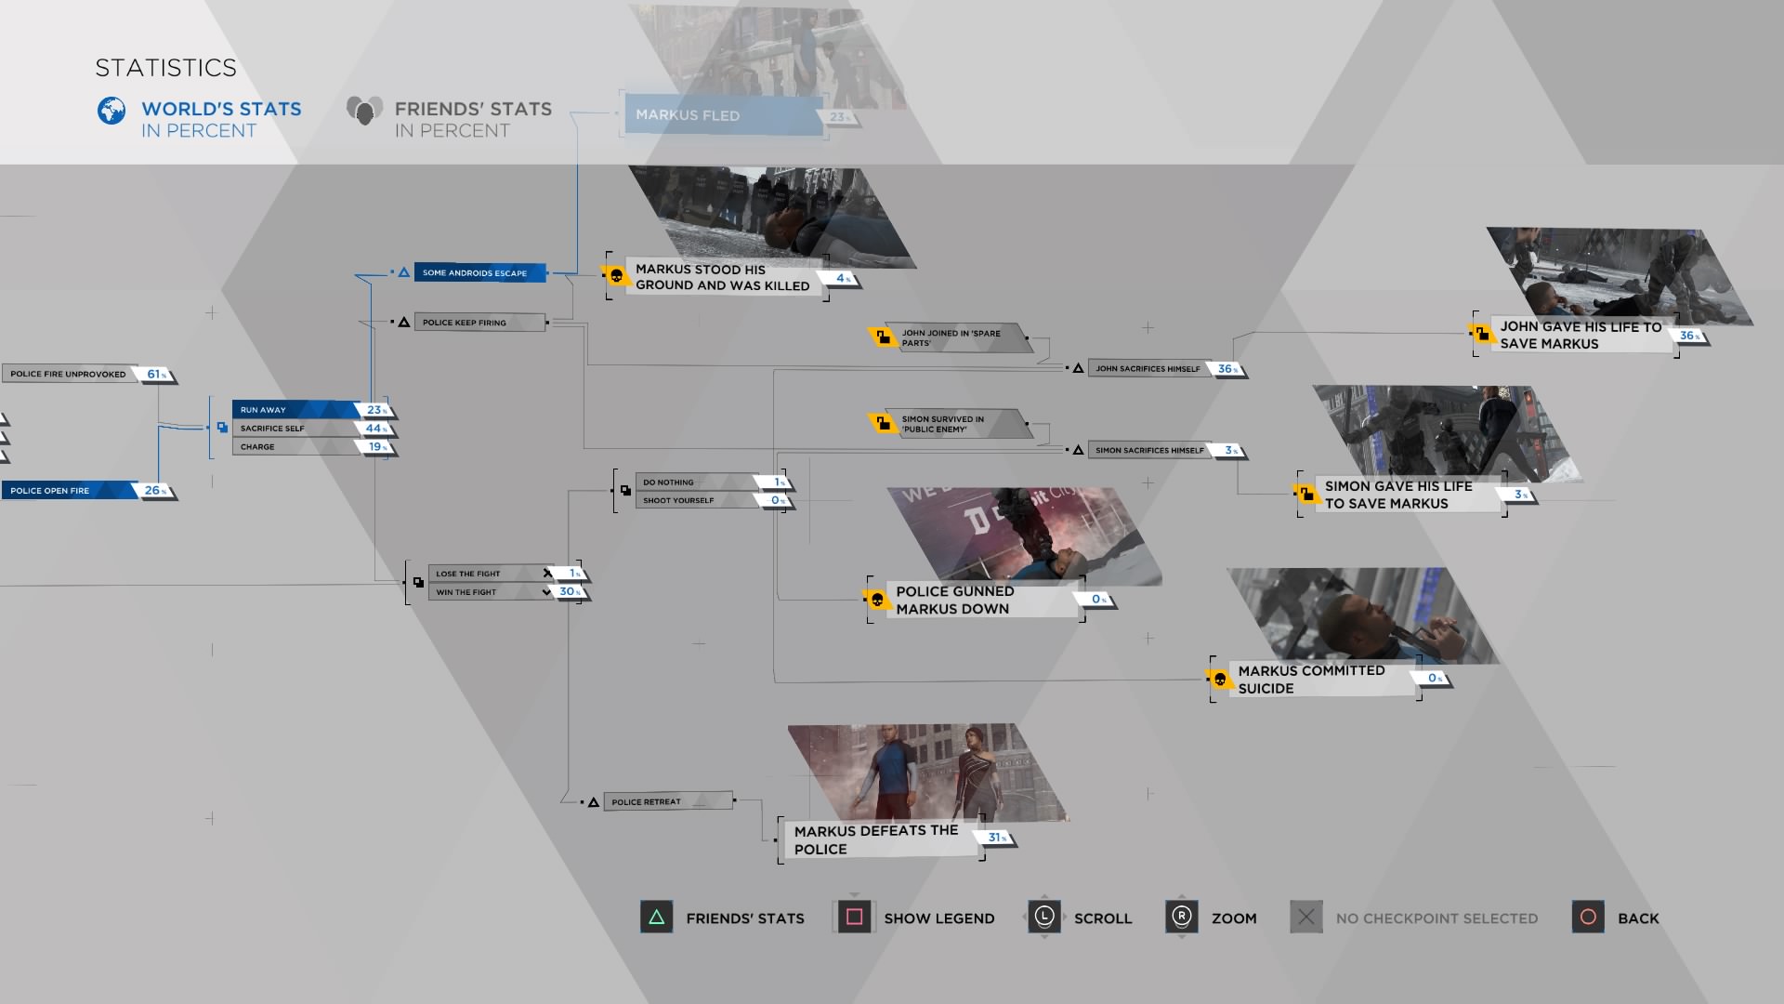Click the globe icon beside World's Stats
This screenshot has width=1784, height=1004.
pyautogui.click(x=111, y=111)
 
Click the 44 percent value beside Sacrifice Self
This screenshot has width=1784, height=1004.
pyautogui.click(x=375, y=429)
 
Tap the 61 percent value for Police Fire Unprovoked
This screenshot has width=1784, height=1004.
pyautogui.click(x=155, y=375)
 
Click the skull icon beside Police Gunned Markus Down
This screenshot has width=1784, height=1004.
pyautogui.click(x=877, y=600)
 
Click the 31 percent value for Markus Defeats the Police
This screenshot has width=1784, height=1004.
pyautogui.click(x=996, y=838)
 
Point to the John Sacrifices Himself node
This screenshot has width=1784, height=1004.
pyautogui.click(x=1148, y=369)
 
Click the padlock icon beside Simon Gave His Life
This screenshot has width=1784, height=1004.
pyautogui.click(x=1306, y=494)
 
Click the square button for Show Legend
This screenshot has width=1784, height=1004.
pyautogui.click(x=854, y=918)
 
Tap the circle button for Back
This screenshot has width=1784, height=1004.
pyautogui.click(x=1588, y=918)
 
